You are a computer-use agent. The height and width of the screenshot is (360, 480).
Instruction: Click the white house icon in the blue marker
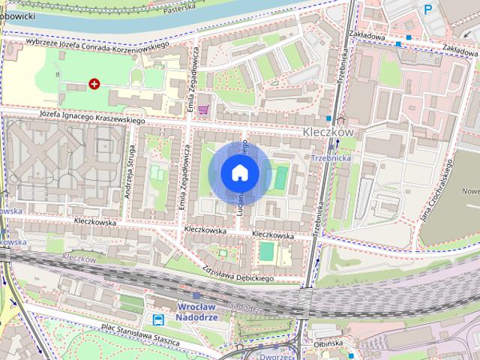(240, 172)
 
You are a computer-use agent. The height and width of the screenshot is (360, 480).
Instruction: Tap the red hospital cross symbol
(94, 84)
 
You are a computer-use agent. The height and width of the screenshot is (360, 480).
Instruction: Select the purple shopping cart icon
(202, 109)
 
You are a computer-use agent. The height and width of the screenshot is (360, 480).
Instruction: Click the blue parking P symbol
(428, 9)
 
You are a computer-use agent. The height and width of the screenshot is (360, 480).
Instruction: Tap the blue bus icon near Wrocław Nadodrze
(158, 319)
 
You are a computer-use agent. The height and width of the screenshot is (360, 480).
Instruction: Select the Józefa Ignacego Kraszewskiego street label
(92, 117)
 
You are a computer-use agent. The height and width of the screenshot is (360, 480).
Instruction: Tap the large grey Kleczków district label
(327, 131)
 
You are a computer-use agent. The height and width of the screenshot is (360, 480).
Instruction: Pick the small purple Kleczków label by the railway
(79, 258)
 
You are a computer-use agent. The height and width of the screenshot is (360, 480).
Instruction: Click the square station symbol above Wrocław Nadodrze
(196, 296)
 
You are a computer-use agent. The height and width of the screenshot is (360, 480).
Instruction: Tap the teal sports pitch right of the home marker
(280, 178)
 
